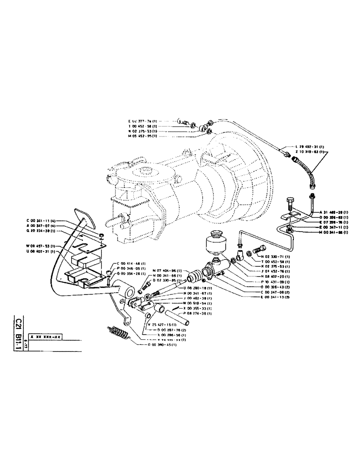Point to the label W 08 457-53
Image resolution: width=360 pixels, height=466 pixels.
point(41,246)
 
